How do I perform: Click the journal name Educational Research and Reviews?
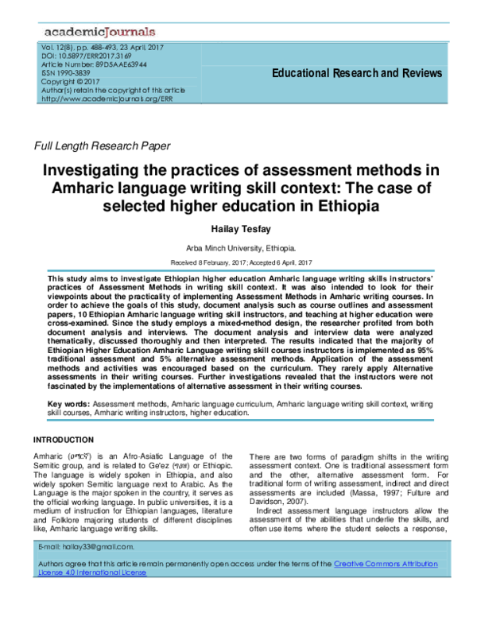pyautogui.click(x=357, y=73)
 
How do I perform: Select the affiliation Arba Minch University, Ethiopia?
pyautogui.click(x=238, y=248)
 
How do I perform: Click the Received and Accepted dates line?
pyautogui.click(x=238, y=262)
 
